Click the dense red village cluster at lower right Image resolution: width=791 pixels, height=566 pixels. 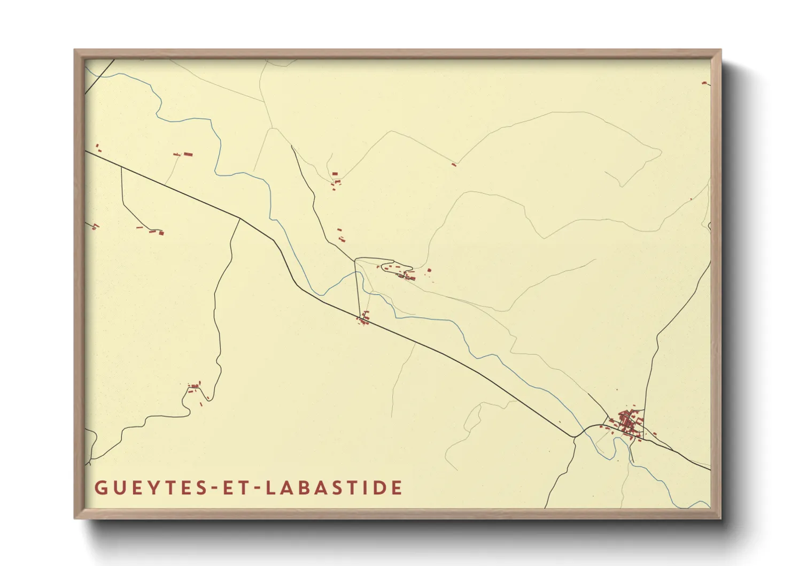pyautogui.click(x=626, y=422)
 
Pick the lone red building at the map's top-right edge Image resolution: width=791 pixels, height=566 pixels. pyautogui.click(x=704, y=83)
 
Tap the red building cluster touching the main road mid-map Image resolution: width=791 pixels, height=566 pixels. pyautogui.click(x=363, y=319)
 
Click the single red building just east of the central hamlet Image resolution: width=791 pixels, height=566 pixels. pyautogui.click(x=429, y=271)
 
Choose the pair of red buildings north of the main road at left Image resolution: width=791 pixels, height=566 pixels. pyautogui.click(x=184, y=155)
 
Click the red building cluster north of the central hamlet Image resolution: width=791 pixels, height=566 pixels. pyautogui.click(x=336, y=179)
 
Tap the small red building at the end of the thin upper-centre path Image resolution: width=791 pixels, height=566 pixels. pyautogui.click(x=454, y=164)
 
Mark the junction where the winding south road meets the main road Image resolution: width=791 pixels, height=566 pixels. pyautogui.click(x=239, y=218)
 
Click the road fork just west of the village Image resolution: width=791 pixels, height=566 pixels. pyautogui.click(x=575, y=437)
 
